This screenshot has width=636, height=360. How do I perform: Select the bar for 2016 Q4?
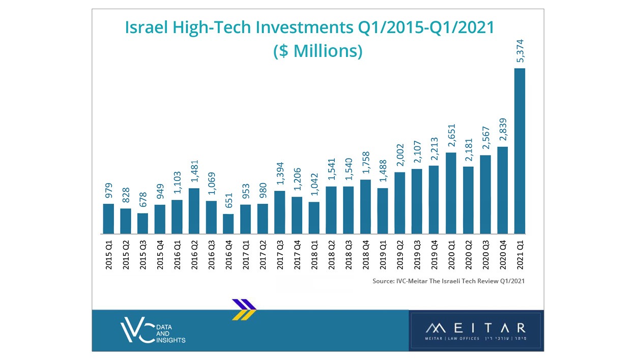(x=228, y=224)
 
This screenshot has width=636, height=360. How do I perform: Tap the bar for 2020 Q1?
(x=451, y=193)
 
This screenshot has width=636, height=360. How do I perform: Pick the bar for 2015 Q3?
(x=143, y=223)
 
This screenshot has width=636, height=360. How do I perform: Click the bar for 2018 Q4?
(x=365, y=206)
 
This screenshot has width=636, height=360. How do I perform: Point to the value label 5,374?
(x=520, y=50)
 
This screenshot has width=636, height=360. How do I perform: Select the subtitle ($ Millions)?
(x=317, y=51)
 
